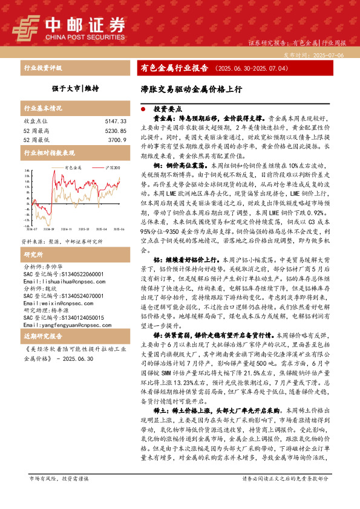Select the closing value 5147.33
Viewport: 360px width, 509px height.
115,122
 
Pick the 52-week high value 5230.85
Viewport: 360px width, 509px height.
115,131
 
